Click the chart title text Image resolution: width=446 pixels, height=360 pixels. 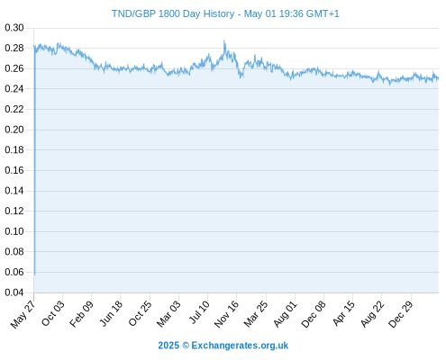pyautogui.click(x=225, y=13)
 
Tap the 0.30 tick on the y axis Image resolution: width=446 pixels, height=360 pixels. pyautogui.click(x=14, y=28)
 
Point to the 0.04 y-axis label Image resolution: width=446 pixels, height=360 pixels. pyautogui.click(x=14, y=292)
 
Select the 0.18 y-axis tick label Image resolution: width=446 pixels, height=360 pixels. pyautogui.click(x=14, y=149)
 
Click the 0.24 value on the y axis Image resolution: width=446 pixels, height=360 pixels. pyautogui.click(x=14, y=89)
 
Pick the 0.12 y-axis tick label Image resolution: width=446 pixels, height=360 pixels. pyautogui.click(x=14, y=211)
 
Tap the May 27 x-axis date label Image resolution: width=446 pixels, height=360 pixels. pyautogui.click(x=23, y=314)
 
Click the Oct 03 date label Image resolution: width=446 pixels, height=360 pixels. pyautogui.click(x=53, y=313)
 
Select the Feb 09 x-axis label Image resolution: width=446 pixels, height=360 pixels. pyautogui.click(x=82, y=314)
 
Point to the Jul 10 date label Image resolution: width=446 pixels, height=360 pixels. pyautogui.click(x=199, y=312)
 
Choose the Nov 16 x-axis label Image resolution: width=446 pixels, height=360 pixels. pyautogui.click(x=227, y=314)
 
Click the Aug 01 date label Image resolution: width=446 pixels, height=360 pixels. pyautogui.click(x=286, y=314)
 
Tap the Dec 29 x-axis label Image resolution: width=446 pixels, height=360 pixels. pyautogui.click(x=401, y=314)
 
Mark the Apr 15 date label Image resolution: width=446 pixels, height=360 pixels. pyautogui.click(x=344, y=313)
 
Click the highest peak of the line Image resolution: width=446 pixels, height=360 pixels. pyautogui.click(x=224, y=40)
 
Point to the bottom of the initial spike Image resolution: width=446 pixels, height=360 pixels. pyautogui.click(x=35, y=274)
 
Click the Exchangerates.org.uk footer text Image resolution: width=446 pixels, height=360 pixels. pyautogui.click(x=240, y=346)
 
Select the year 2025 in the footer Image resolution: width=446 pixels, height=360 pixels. pyautogui.click(x=168, y=346)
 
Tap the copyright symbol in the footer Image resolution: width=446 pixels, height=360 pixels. pyautogui.click(x=186, y=346)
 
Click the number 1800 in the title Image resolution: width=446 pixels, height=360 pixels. pyautogui.click(x=169, y=13)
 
